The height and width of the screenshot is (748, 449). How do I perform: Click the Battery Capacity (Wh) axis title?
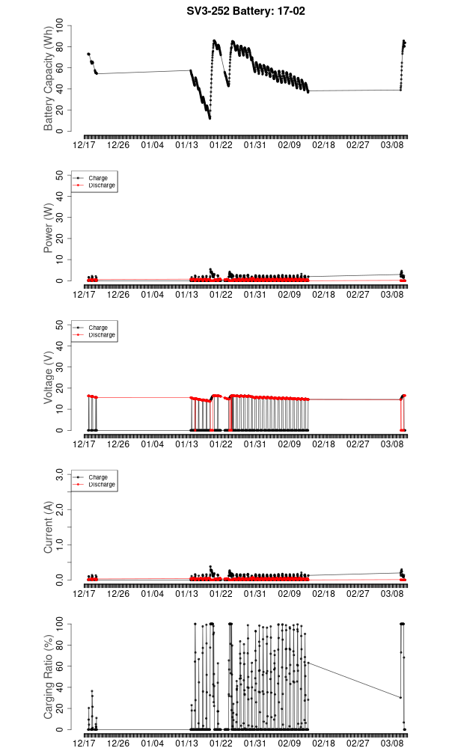tap(49, 79)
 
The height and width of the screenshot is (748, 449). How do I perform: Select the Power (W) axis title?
tap(49, 228)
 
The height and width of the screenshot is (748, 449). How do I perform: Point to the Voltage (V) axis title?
tap(49, 378)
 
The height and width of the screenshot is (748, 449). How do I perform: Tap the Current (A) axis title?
tap(49, 527)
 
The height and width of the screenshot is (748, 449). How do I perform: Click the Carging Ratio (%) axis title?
tap(49, 677)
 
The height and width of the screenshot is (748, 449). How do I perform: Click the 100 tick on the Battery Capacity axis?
tap(62, 26)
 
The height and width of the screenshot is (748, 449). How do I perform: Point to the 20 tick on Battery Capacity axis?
tap(62, 110)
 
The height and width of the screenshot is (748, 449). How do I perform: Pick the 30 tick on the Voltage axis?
tap(62, 367)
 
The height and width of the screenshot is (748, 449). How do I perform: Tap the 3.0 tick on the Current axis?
tap(62, 475)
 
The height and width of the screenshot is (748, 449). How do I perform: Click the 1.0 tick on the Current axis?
tap(62, 545)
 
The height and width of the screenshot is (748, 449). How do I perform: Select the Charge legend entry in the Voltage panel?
tap(98, 328)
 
